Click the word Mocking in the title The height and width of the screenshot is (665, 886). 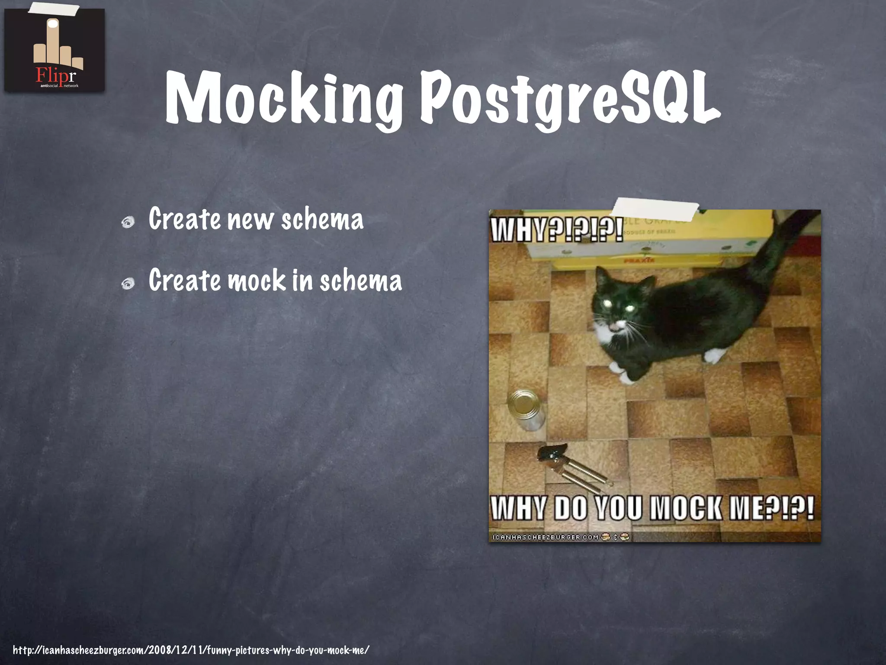click(283, 99)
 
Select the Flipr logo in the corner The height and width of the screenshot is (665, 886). click(55, 51)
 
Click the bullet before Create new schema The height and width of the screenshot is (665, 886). click(128, 223)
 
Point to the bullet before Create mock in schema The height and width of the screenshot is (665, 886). click(128, 284)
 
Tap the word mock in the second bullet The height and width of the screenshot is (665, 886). click(257, 281)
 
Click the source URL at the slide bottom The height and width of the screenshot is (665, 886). click(191, 650)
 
